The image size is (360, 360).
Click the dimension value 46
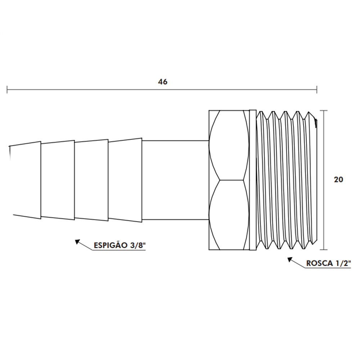tap(163, 82)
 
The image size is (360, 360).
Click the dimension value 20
tap(338, 180)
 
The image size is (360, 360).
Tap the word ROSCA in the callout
tap(319, 264)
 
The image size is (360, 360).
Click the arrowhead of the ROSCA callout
tap(289, 259)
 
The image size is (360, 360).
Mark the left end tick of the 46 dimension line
tap(7, 89)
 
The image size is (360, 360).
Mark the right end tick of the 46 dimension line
tap(316, 89)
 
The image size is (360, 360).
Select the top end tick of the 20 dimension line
tap(325, 110)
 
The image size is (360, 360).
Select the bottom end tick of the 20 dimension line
tap(325, 249)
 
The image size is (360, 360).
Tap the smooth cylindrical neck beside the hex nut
tap(175, 180)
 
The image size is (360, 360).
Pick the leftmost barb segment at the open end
tap(25, 180)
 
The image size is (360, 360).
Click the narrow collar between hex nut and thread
tap(253, 180)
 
